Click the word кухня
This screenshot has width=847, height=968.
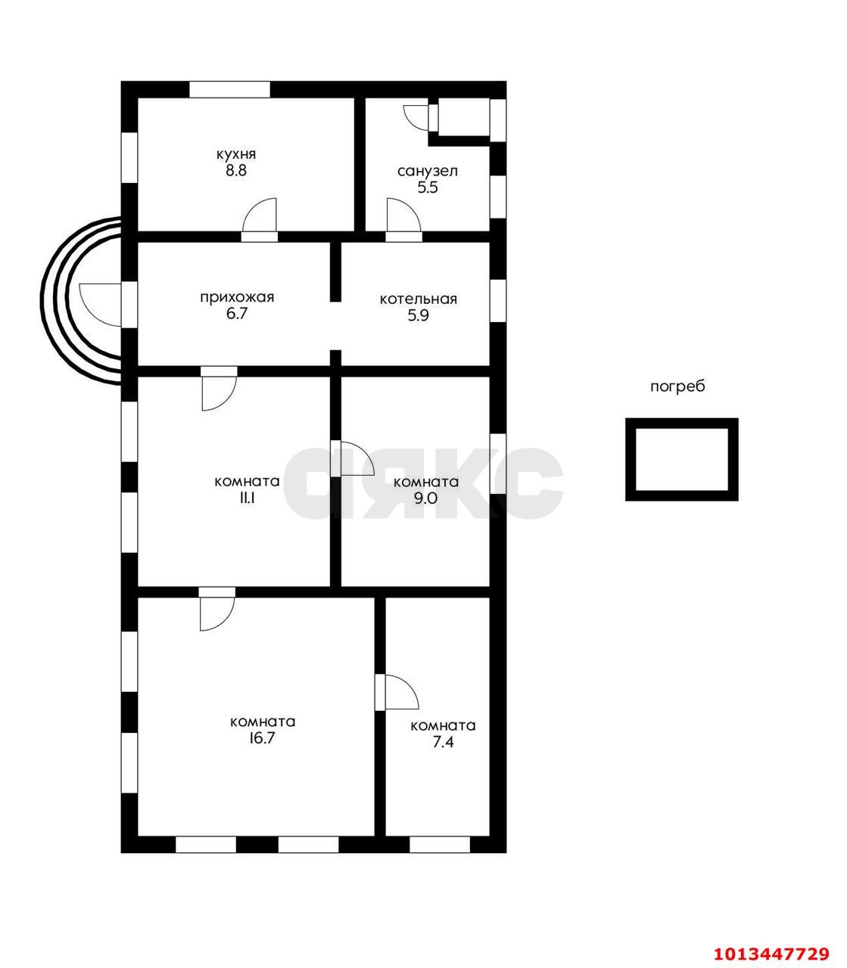pos(236,155)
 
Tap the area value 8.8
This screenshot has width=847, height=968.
pos(235,170)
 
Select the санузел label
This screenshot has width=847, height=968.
pos(428,171)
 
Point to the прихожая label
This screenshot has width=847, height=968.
pos(237,297)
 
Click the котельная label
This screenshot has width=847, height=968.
pos(419,299)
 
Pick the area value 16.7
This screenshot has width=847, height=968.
pos(263,738)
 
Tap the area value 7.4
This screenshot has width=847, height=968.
pos(443,742)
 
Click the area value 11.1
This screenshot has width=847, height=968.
pos(248,498)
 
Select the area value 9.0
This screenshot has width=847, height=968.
pos(426,498)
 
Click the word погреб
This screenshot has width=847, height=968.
pos(678,386)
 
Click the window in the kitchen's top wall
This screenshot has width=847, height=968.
pos(229,89)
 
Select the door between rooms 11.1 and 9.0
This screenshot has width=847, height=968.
pos(353,458)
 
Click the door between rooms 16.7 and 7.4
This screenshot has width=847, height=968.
pos(397,692)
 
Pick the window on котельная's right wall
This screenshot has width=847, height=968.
pos(498,301)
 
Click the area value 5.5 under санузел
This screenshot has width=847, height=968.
pos(428,188)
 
